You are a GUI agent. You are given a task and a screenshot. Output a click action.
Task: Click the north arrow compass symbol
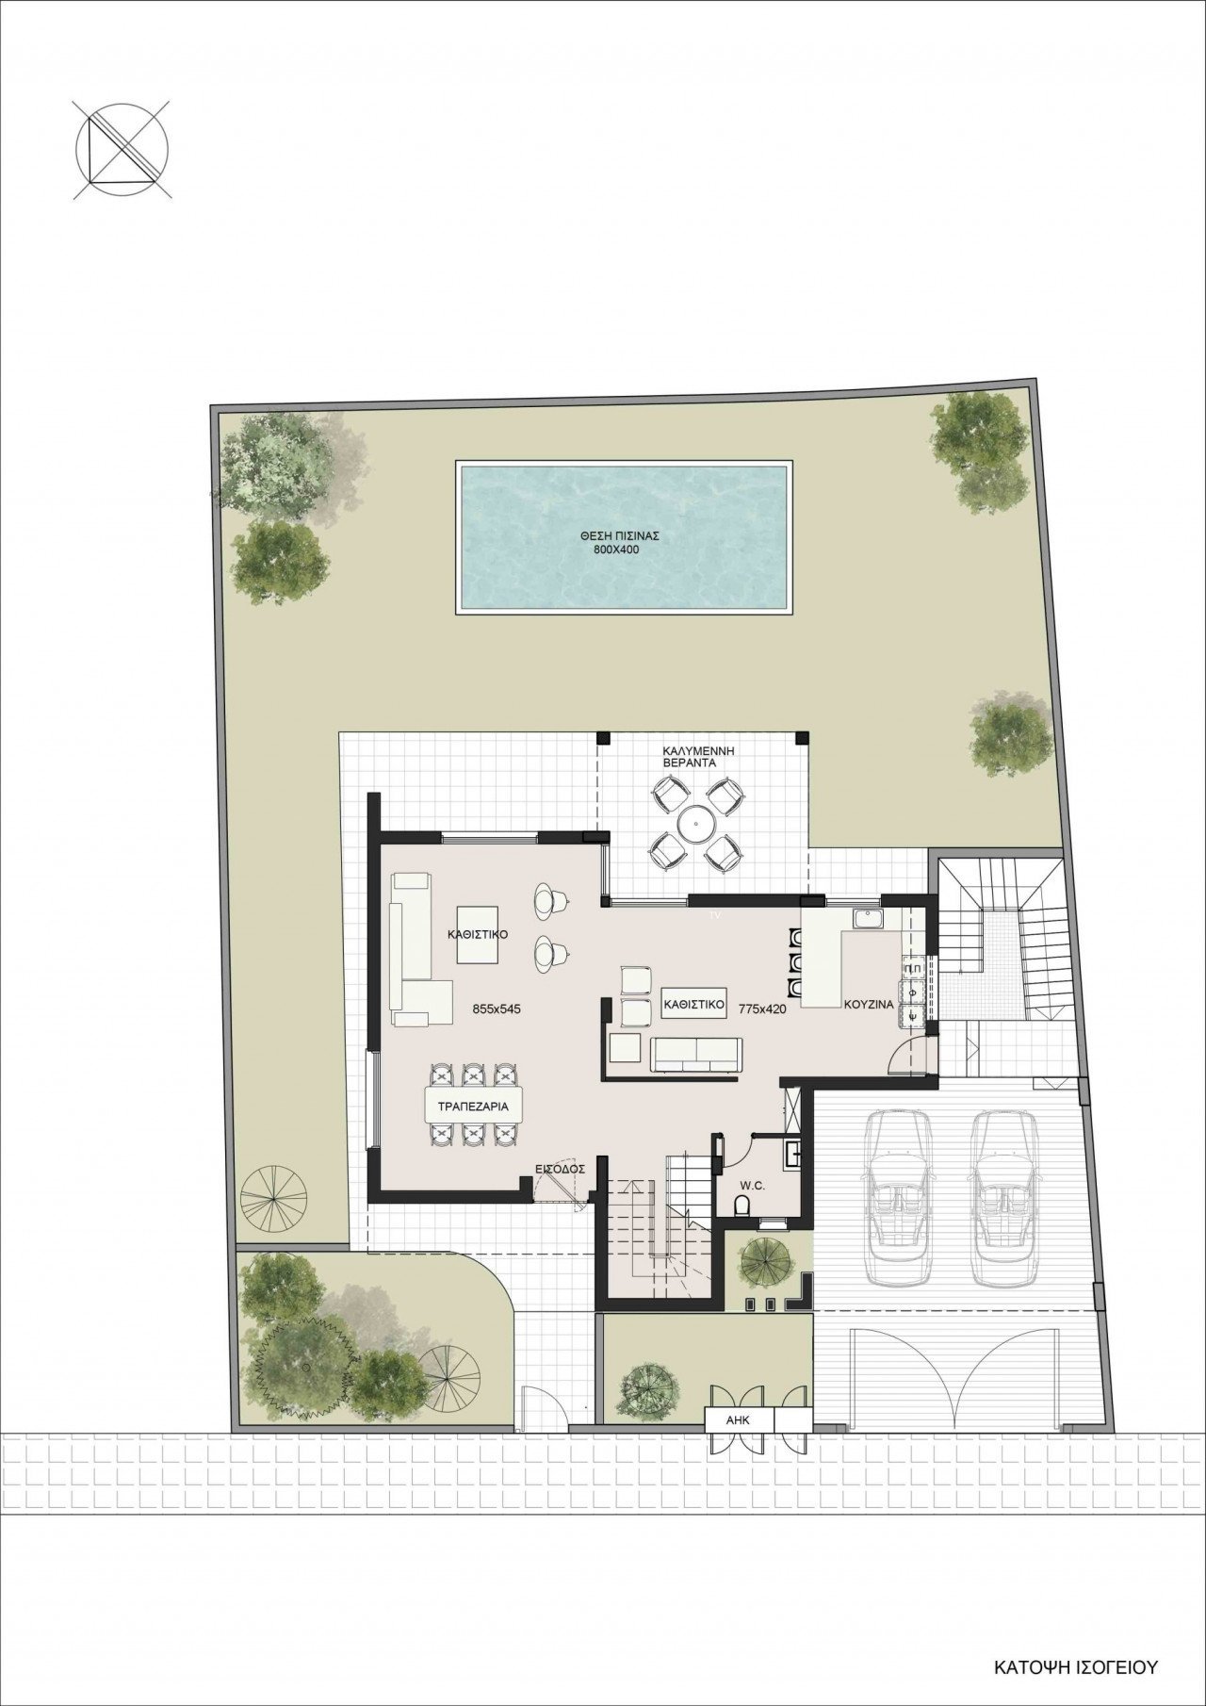pyautogui.click(x=122, y=152)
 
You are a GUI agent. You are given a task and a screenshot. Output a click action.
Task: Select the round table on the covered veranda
pyautogui.click(x=696, y=825)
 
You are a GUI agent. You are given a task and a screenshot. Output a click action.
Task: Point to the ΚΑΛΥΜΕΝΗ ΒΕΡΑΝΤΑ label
pyautogui.click(x=698, y=757)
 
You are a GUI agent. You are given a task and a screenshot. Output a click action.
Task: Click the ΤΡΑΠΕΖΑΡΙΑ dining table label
pyautogui.click(x=473, y=1107)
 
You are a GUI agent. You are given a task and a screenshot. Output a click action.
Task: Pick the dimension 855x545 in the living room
pyautogui.click(x=497, y=1009)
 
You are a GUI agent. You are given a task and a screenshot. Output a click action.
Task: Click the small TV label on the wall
pyautogui.click(x=715, y=913)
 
